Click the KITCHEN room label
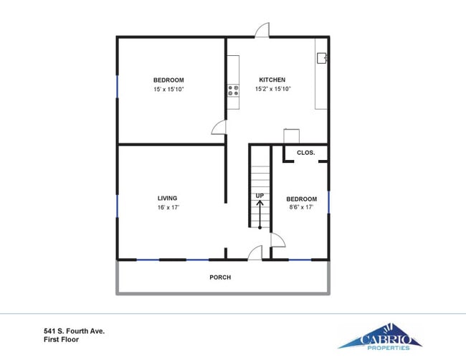coord(272,80)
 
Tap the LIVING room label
coord(167,198)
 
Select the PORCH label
coord(220,277)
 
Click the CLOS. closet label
coord(306,153)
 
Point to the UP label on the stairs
coord(260,196)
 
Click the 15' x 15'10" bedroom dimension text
coord(168,89)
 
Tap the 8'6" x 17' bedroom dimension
coord(301,208)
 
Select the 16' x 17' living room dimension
coord(167,207)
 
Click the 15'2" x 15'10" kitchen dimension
coord(272,89)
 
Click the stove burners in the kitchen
coord(233,90)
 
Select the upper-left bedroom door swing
coord(219,127)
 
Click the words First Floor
coord(61,340)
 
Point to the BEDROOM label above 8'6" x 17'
coord(301,199)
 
